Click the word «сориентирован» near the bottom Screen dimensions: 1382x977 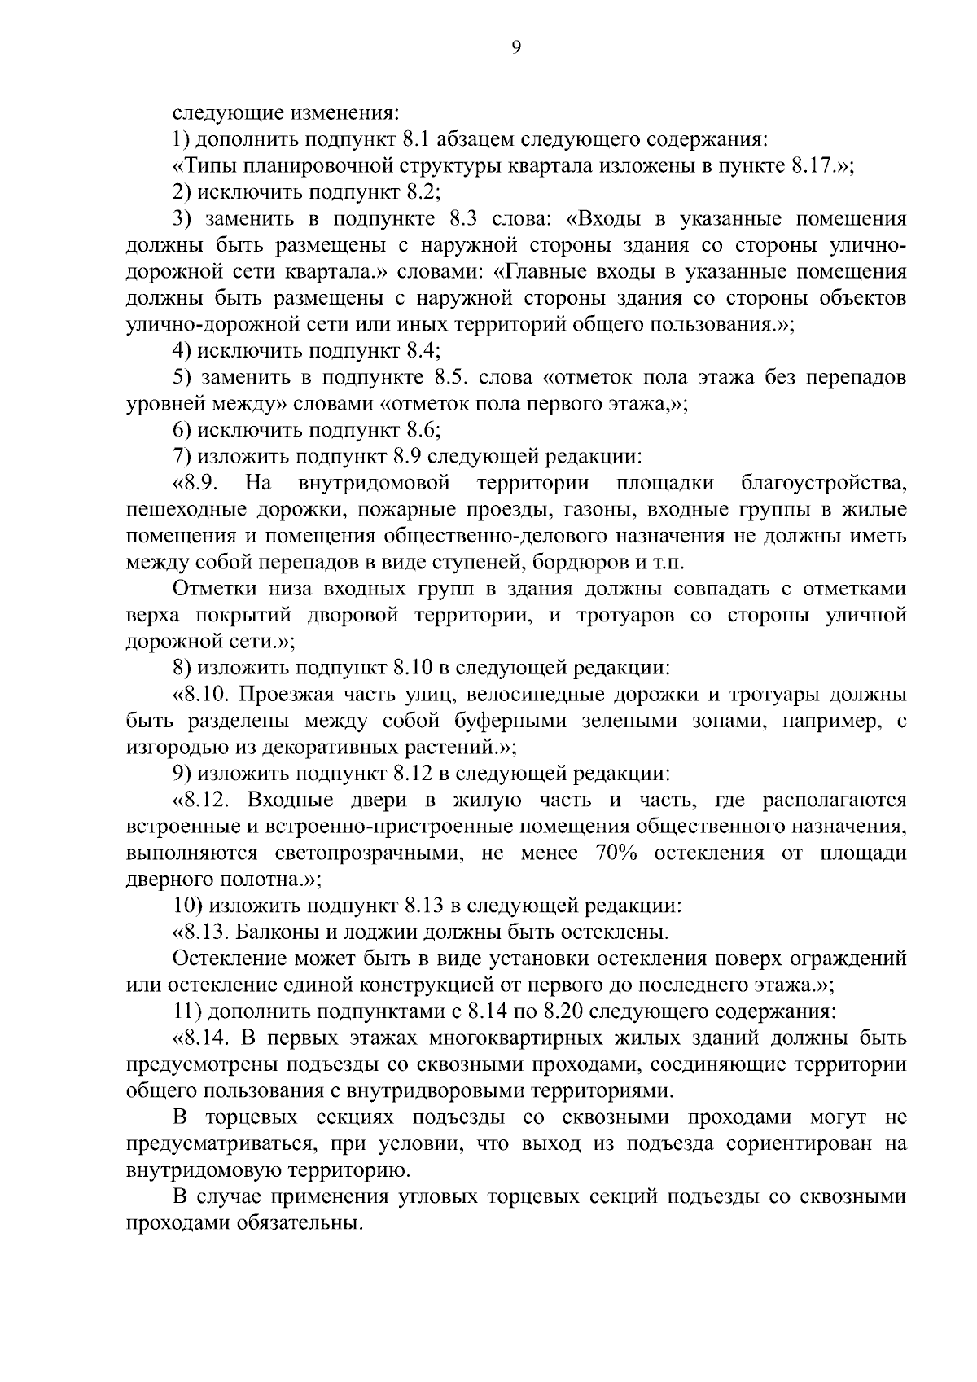tap(797, 1144)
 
